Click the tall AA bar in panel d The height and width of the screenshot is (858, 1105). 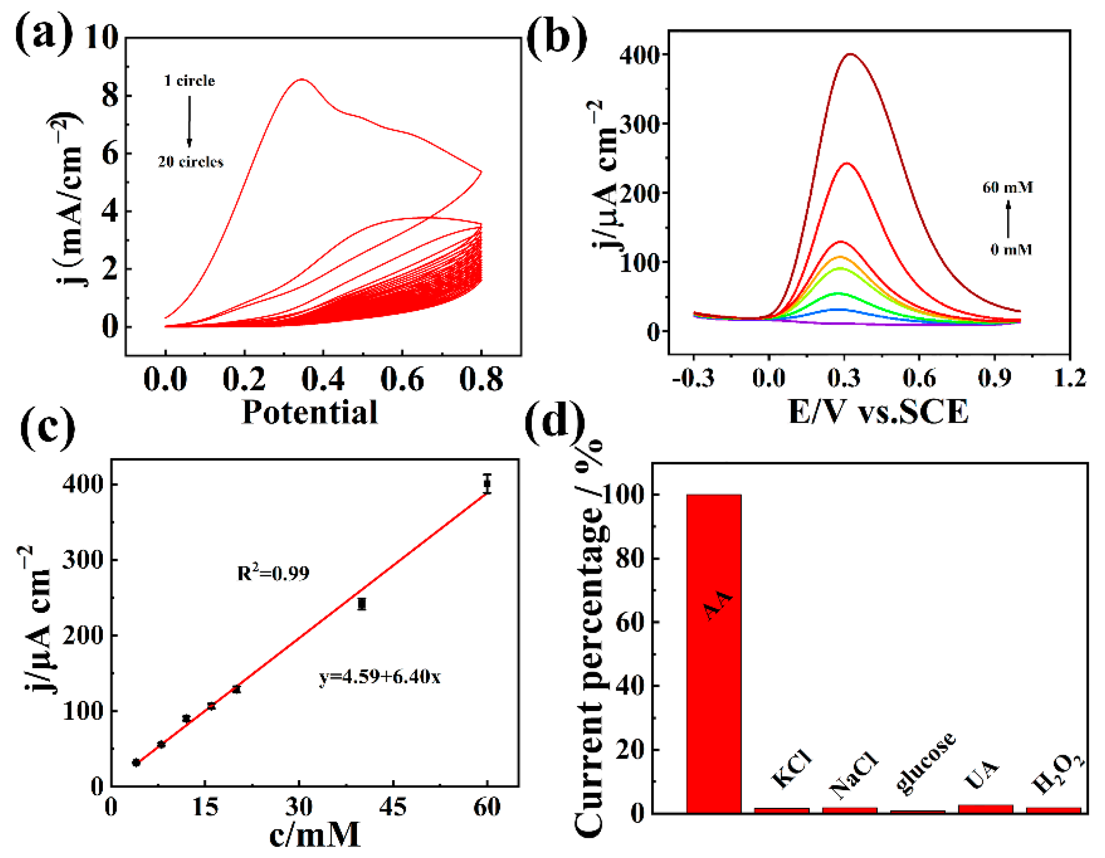tap(713, 652)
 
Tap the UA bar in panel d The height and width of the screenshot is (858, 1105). tap(985, 808)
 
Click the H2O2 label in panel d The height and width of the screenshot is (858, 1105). tap(1058, 774)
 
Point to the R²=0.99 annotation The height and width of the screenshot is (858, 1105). tap(273, 573)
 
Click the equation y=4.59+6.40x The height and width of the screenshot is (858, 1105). tap(380, 676)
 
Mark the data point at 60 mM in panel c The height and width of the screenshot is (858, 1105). tap(487, 483)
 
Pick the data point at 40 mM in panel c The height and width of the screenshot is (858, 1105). tap(361, 604)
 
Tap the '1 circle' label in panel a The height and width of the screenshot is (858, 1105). tap(189, 81)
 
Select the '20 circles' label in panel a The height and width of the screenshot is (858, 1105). tap(190, 162)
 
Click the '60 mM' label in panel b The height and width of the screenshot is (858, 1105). tap(1007, 188)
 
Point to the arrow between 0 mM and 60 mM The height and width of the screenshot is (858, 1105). tap(1008, 219)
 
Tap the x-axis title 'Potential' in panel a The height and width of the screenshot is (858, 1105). tap(309, 412)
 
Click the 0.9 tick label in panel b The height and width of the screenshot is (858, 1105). tap(994, 378)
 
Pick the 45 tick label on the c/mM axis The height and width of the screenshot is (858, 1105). tap(392, 806)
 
